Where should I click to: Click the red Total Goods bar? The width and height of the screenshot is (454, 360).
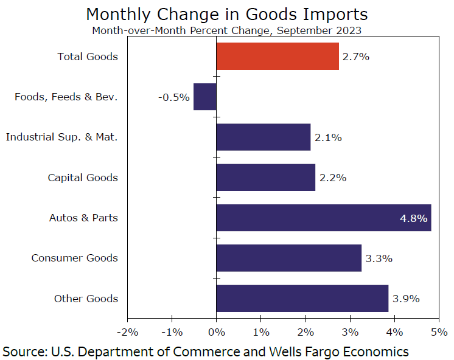(x=277, y=57)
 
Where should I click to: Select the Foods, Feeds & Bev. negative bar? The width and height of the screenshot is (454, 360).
(x=204, y=97)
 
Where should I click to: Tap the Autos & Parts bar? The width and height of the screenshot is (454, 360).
(x=323, y=218)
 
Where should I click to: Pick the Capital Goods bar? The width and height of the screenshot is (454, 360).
(x=265, y=178)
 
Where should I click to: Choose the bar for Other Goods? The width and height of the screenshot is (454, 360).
(x=302, y=299)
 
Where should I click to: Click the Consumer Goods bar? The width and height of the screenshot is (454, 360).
(x=288, y=258)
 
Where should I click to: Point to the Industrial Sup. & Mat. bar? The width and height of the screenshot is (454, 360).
(x=263, y=137)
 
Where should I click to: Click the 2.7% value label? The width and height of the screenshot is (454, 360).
(x=356, y=57)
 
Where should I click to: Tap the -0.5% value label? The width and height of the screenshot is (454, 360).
(x=174, y=97)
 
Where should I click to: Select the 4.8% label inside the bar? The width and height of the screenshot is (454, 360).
(x=413, y=218)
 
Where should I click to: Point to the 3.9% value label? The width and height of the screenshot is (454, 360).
(x=406, y=299)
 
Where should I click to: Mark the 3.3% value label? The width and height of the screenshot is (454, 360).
(x=379, y=258)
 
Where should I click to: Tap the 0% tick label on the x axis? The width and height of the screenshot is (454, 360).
(x=216, y=332)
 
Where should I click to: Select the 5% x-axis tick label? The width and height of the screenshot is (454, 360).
(x=439, y=332)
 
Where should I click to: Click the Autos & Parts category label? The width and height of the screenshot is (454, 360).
(x=83, y=218)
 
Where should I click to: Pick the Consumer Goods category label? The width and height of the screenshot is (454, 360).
(x=75, y=258)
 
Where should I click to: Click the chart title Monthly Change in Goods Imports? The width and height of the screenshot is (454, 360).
(x=227, y=14)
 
